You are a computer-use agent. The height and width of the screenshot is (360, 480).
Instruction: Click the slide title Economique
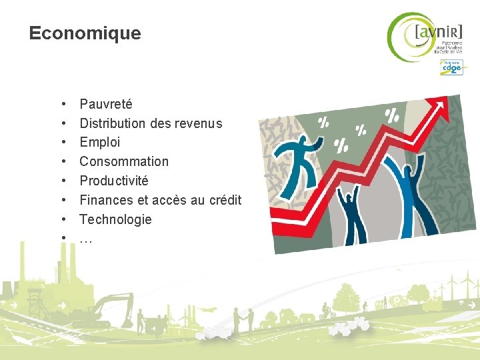(85, 33)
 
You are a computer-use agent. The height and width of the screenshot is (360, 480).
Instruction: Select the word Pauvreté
(106, 104)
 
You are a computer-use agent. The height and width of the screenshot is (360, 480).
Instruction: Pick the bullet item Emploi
(100, 142)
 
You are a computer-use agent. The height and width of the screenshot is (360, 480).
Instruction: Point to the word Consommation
(124, 161)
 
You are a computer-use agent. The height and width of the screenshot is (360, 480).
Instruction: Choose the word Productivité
(114, 181)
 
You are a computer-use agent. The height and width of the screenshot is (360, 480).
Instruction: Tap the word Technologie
(115, 219)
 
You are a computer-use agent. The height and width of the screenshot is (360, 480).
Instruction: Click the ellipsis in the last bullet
(86, 239)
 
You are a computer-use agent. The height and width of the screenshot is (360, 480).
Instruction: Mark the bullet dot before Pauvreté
(62, 105)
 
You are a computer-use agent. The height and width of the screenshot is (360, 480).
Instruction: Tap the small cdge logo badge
(451, 67)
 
